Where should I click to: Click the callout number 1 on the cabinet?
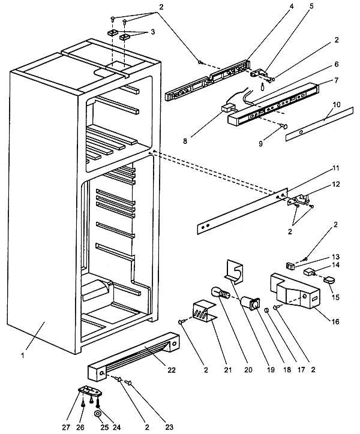point(23,355)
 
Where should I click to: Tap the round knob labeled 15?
point(331,279)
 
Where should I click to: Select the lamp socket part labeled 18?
point(251,302)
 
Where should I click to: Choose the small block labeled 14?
point(310,270)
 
